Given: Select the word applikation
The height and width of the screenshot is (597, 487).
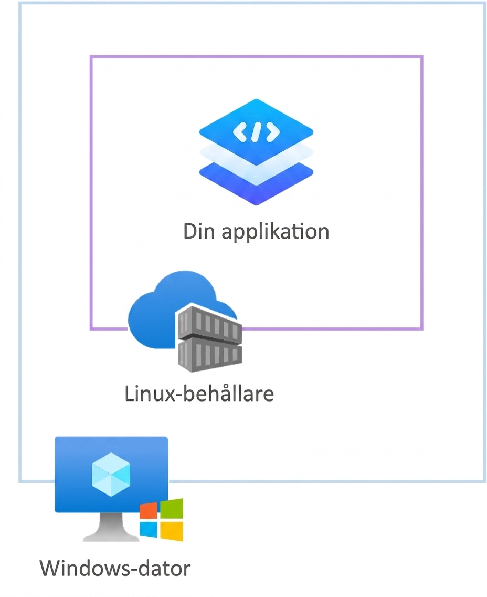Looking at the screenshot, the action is click(275, 232).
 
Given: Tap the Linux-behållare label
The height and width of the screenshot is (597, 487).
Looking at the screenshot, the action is click(199, 393).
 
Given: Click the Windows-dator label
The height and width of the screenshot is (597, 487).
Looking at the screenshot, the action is click(115, 568).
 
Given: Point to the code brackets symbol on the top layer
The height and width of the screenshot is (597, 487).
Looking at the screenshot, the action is click(256, 132).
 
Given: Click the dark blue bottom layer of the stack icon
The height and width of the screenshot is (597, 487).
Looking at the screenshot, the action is click(256, 187).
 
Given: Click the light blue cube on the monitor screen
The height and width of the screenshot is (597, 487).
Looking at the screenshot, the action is click(111, 475).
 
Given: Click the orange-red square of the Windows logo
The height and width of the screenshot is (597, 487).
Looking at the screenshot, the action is click(149, 511).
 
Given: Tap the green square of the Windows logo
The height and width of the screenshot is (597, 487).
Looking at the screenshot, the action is click(172, 508).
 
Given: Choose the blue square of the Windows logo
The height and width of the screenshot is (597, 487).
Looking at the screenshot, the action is click(149, 529).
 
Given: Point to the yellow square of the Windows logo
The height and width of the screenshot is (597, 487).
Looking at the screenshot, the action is click(172, 531).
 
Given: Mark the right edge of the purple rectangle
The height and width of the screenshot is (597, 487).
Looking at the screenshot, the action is click(421, 193).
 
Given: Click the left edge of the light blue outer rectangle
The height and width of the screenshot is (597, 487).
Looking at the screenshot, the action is click(20, 242).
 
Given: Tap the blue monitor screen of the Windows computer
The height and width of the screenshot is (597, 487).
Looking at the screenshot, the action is click(111, 475).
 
